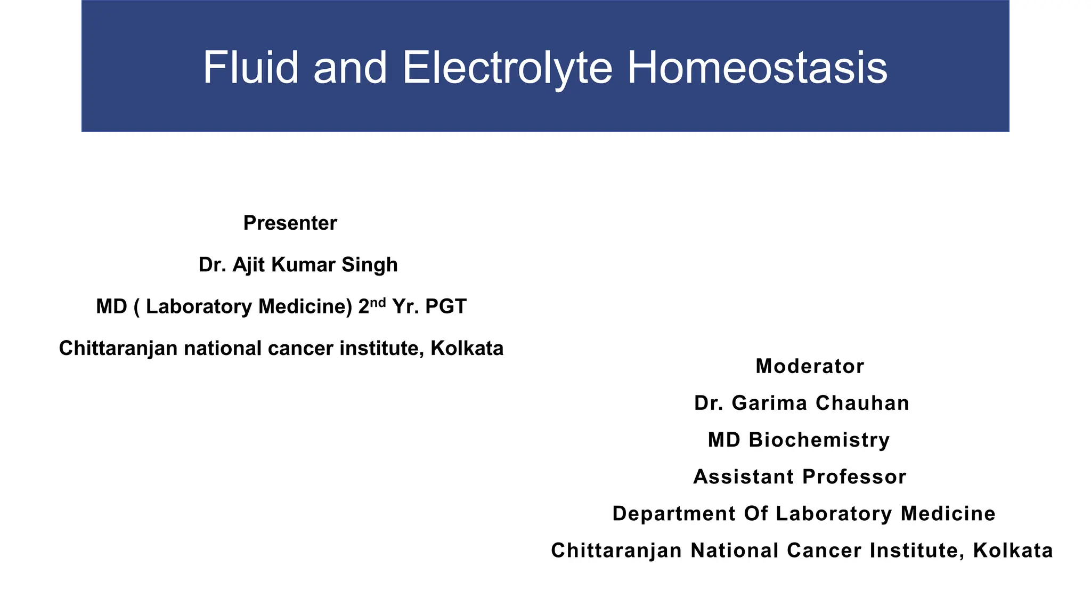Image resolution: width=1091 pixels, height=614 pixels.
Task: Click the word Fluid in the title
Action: click(250, 67)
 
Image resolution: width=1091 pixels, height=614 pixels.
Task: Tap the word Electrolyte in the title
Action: click(507, 67)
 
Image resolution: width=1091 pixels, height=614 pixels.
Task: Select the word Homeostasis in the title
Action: click(757, 67)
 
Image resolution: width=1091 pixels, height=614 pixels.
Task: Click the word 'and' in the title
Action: click(350, 67)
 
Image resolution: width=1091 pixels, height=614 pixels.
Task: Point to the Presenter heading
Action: click(290, 223)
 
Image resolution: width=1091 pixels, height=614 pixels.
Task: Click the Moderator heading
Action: click(809, 366)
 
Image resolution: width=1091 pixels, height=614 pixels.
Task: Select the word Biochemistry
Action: click(819, 440)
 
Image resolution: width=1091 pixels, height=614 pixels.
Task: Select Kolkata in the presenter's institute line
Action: click(467, 349)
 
